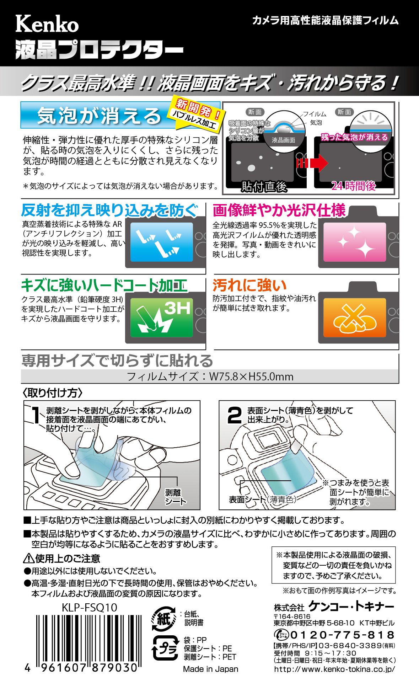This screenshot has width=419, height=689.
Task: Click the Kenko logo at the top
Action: [x=47, y=24]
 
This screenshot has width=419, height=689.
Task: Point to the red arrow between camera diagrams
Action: [x=312, y=163]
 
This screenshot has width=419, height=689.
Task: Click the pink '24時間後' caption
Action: [x=354, y=186]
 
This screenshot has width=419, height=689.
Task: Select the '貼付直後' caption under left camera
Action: [x=264, y=186]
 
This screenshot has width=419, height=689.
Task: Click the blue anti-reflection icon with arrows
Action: [x=162, y=242]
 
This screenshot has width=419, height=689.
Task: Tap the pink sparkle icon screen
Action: [x=354, y=242]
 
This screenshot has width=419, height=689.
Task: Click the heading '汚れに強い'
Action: [x=250, y=285]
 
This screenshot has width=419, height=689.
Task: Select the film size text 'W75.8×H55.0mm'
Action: [x=251, y=376]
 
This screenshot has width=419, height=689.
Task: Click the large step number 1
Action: [x=36, y=415]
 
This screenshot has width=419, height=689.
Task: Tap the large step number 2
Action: [x=234, y=415]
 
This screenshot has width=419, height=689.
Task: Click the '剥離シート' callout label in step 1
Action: [x=176, y=497]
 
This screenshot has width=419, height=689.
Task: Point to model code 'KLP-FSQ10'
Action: [x=90, y=607]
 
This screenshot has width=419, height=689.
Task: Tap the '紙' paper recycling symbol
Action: [x=164, y=619]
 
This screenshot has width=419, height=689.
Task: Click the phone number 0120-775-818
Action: [x=343, y=635]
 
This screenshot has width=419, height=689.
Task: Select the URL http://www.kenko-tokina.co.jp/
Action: [x=334, y=669]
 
